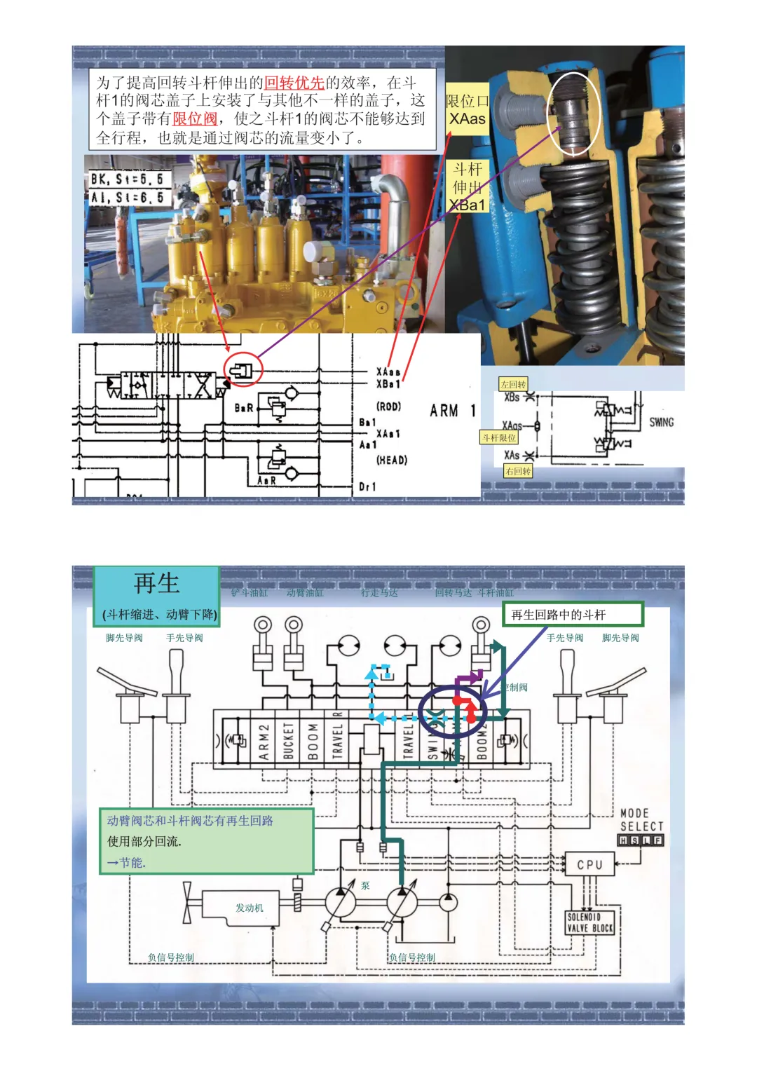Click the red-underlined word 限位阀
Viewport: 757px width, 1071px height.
point(195,118)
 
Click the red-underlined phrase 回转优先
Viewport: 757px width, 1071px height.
point(294,83)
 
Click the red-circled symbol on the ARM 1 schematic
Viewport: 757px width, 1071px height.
point(242,369)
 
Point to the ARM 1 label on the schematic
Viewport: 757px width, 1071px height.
point(453,411)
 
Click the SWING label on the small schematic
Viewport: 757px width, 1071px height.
point(660,422)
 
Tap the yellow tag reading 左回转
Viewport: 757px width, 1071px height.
point(513,384)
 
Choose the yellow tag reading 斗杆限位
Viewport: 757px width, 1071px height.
point(498,437)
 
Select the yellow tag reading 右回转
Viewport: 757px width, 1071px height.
point(518,471)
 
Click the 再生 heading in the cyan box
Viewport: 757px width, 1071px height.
point(156,583)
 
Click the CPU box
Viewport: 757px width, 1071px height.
point(589,864)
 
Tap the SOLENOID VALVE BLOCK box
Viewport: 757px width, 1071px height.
point(589,922)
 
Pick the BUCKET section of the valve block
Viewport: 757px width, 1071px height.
point(289,742)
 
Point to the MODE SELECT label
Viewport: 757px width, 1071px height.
point(641,820)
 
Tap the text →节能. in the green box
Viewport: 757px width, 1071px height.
point(125,862)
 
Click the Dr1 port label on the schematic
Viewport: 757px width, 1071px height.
point(367,486)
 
